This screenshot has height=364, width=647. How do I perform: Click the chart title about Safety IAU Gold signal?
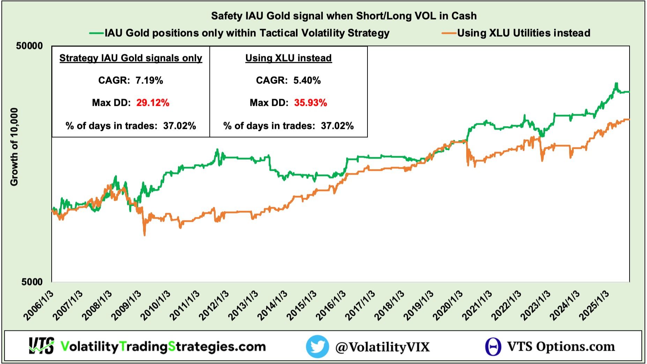click(x=344, y=16)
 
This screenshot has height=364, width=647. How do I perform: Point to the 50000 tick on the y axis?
click(x=29, y=46)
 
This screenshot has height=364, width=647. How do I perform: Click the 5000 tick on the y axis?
click(x=32, y=282)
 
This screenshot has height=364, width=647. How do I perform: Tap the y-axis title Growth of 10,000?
click(x=14, y=147)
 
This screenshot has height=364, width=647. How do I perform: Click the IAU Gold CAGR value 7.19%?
click(x=149, y=80)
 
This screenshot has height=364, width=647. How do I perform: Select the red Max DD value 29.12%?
click(x=153, y=103)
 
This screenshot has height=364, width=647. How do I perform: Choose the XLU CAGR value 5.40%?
click(x=307, y=80)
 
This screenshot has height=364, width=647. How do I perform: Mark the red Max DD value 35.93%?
click(x=310, y=103)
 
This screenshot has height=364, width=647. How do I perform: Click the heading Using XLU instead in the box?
click(x=288, y=58)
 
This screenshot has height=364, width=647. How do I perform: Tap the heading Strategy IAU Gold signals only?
click(x=131, y=58)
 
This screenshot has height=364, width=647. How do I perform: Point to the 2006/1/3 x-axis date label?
click(x=39, y=306)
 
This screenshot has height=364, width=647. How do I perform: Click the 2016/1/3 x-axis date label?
click(x=331, y=306)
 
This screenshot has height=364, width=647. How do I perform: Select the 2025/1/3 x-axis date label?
click(x=594, y=306)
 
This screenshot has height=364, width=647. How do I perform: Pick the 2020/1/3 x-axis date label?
click(x=448, y=306)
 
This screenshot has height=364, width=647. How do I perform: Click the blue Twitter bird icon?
click(x=317, y=347)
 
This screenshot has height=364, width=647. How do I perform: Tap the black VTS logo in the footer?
click(x=41, y=346)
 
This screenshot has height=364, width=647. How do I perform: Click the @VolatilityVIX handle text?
click(x=382, y=347)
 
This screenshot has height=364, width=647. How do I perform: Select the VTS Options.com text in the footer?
click(x=560, y=347)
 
